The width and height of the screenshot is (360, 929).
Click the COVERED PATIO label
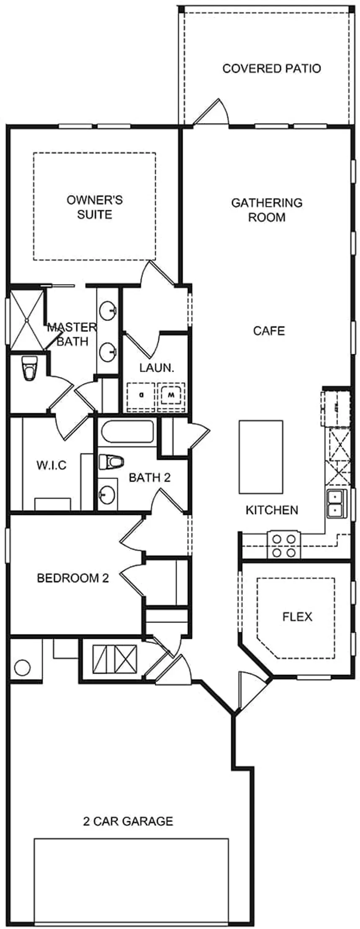[x=271, y=68]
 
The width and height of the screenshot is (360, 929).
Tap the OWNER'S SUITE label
[x=95, y=207]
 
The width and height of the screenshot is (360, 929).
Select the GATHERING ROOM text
[x=267, y=210]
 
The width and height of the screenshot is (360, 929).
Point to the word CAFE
[x=269, y=331]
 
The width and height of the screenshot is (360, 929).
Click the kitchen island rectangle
[x=260, y=457]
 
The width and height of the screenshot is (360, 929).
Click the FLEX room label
[x=297, y=617]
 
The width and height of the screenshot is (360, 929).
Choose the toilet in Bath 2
[x=111, y=462]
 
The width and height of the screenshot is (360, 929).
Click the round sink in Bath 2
[x=108, y=495]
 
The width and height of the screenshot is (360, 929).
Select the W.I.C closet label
[x=51, y=465]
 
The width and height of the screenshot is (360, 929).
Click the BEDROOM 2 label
[x=73, y=578]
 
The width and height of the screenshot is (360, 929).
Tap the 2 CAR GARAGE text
[x=128, y=821]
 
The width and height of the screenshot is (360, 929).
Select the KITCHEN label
[x=272, y=510]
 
